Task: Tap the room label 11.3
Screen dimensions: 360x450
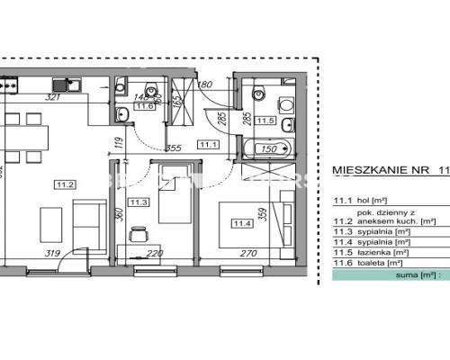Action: (x=139, y=202)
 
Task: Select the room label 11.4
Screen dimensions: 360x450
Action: (x=241, y=223)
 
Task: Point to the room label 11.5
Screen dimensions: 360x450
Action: (x=264, y=120)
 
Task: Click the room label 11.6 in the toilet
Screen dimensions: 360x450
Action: (x=144, y=105)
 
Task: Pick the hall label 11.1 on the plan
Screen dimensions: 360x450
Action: (x=210, y=144)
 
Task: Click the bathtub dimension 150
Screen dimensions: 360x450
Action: (x=268, y=150)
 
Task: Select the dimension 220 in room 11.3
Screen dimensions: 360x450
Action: (x=156, y=254)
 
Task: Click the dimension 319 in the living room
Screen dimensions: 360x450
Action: (x=52, y=254)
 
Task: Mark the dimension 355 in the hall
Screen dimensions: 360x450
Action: (x=175, y=148)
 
